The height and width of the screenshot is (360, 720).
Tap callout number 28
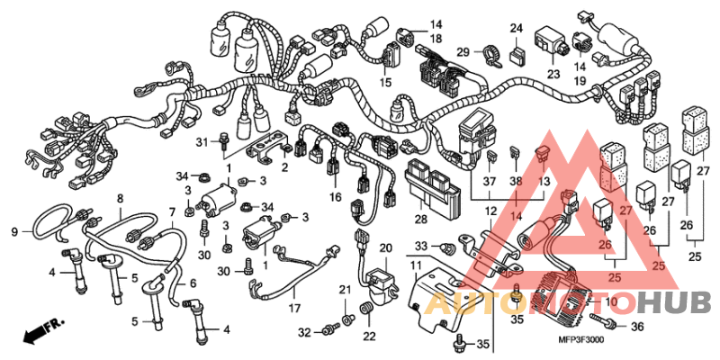coord(421,219)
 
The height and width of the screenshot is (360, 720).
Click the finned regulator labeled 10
coord(557,294)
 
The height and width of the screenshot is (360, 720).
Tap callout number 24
coord(516,30)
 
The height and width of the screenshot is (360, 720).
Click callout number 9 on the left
coord(14,231)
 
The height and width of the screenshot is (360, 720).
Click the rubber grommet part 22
coord(366,311)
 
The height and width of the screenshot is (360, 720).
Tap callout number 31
coord(202,142)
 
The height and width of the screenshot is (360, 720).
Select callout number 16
coord(335,197)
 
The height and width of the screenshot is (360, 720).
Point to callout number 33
coord(420,245)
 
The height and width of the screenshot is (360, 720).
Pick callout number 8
coord(119,197)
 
